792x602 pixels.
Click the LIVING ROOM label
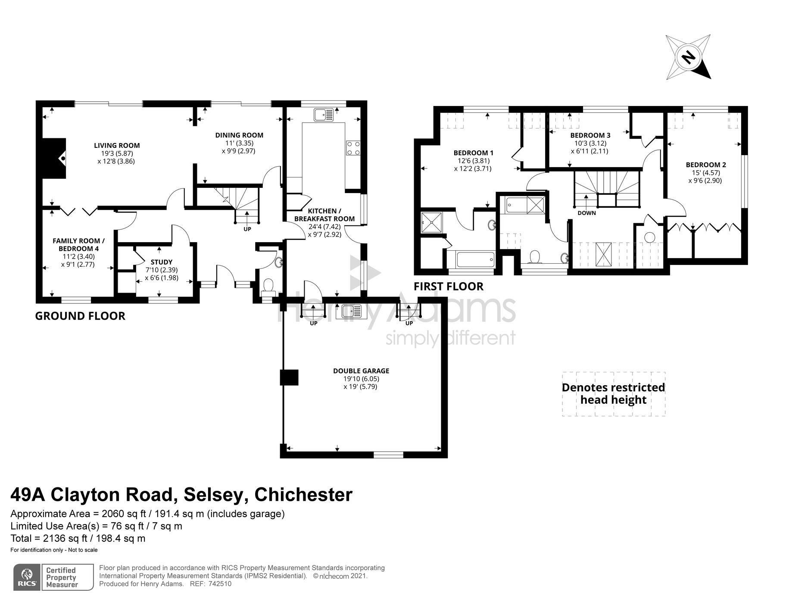(117, 146)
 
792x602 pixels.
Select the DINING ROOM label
(239, 135)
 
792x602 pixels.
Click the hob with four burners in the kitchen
(353, 148)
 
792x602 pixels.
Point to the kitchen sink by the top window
(324, 115)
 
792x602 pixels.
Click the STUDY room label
(162, 262)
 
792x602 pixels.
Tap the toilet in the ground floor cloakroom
(268, 286)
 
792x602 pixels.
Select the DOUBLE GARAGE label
(361, 371)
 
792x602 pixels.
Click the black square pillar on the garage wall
(289, 377)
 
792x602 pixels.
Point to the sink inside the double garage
(351, 311)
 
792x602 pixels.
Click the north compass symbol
(688, 57)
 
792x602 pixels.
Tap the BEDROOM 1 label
(473, 153)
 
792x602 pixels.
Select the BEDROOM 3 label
(590, 135)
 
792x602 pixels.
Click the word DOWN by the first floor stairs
(586, 213)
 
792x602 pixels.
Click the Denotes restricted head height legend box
(613, 393)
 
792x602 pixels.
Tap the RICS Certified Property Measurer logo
(53, 577)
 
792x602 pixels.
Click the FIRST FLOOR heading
(448, 287)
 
